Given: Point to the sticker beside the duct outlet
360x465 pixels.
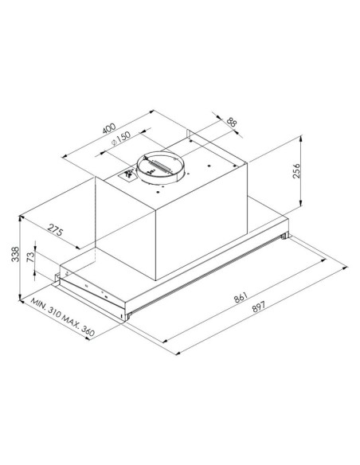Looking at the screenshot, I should tap(127, 174).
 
